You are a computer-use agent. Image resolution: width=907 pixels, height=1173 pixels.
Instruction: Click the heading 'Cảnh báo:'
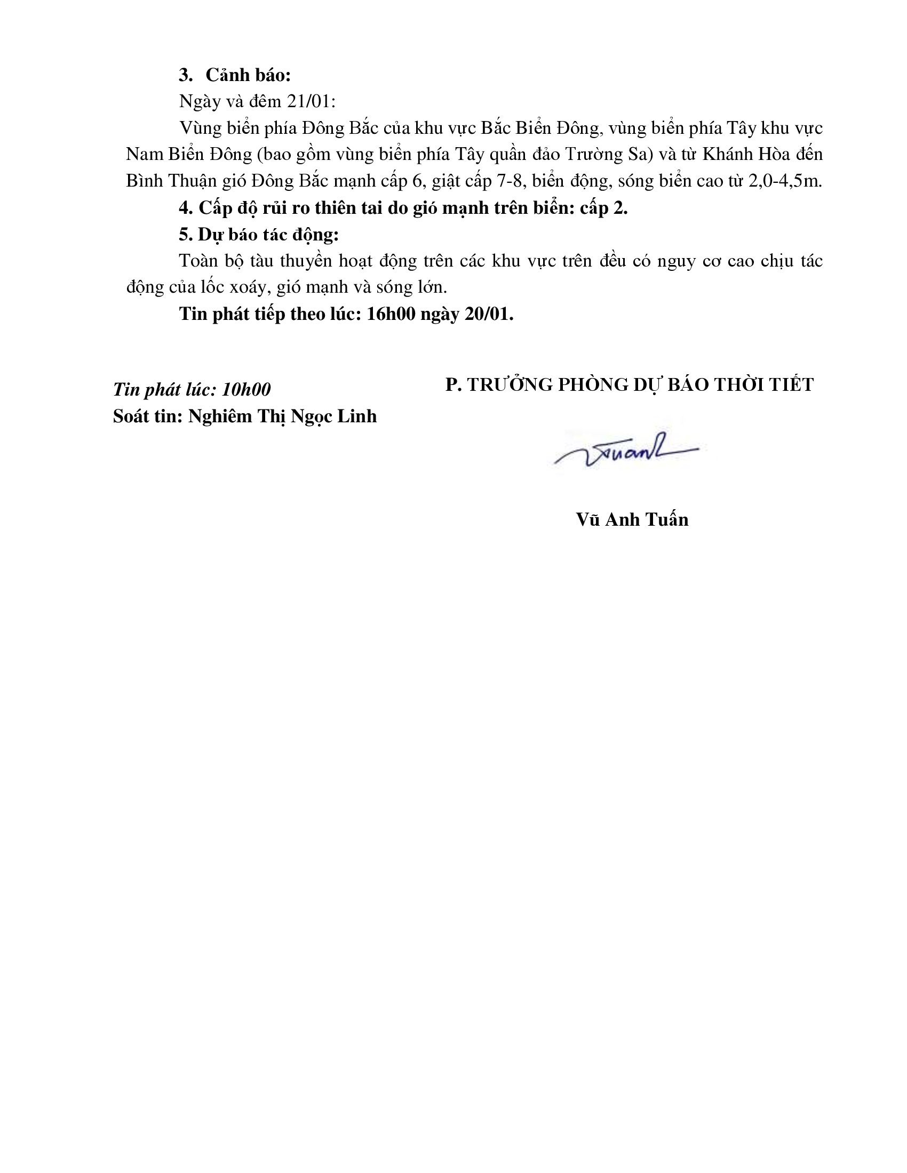(x=248, y=75)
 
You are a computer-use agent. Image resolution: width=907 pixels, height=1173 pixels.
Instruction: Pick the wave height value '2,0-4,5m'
(x=784, y=181)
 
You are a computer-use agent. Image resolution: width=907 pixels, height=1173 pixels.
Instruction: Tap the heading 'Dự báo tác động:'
(x=268, y=235)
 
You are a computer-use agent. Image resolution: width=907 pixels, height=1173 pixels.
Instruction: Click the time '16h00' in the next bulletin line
(x=391, y=314)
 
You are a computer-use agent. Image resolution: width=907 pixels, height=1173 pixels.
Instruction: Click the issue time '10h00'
(x=246, y=389)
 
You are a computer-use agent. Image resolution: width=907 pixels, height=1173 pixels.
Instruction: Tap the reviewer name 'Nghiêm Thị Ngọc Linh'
(x=282, y=416)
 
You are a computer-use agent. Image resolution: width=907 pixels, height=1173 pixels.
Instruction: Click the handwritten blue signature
(x=626, y=452)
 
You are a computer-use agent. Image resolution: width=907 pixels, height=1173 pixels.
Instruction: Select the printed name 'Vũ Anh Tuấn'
(x=632, y=519)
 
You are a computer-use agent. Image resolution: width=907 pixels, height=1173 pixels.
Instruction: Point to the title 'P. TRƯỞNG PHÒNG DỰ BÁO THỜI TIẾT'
(x=629, y=384)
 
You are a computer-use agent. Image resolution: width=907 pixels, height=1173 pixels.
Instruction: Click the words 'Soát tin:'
(x=148, y=416)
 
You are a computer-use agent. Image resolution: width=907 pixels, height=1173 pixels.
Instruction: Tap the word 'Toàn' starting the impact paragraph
(x=198, y=261)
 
